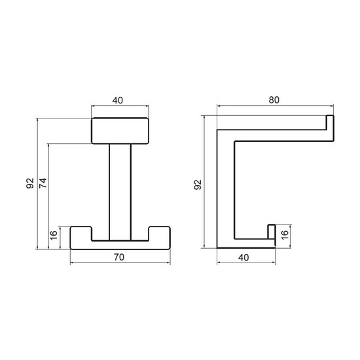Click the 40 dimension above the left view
118,101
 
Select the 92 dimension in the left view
30,183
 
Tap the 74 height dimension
43,183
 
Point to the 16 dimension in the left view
54,236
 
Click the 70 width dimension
119,257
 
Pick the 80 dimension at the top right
274,100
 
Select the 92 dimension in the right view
198,185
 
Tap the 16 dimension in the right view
285,235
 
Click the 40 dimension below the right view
243,258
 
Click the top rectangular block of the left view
120,131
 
